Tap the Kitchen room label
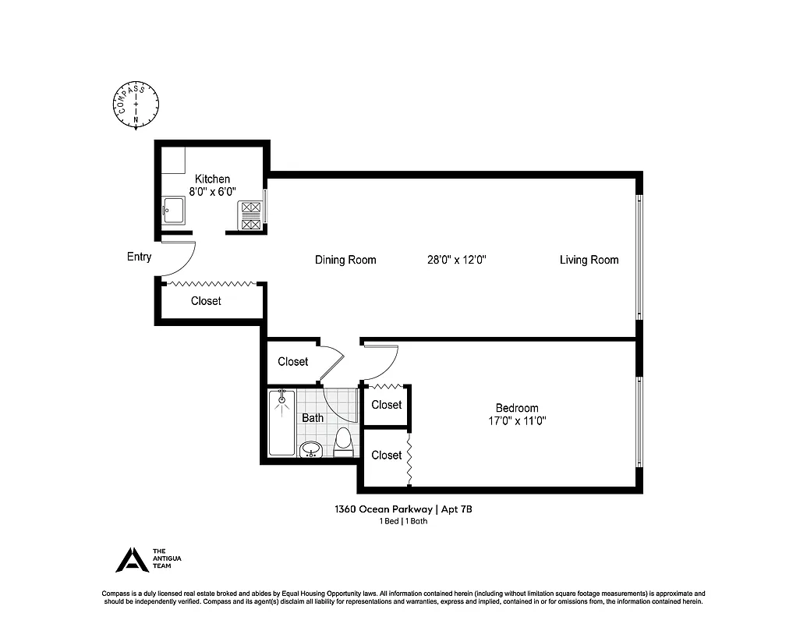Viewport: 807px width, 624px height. [x=212, y=179]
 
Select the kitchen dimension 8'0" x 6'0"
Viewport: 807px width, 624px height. [x=212, y=191]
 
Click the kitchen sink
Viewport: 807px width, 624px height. [x=173, y=210]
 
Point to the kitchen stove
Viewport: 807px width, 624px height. [x=251, y=215]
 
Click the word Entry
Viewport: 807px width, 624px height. [x=139, y=257]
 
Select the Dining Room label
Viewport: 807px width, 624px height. [x=345, y=260]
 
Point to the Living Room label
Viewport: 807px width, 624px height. [x=589, y=260]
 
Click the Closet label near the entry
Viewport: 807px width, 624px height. [x=206, y=301]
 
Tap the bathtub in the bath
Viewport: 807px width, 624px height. [x=281, y=424]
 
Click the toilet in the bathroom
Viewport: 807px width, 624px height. [x=343, y=441]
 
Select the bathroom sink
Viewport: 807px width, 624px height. [x=311, y=448]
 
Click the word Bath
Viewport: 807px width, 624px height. [x=313, y=418]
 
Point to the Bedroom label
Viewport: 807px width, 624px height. [x=517, y=408]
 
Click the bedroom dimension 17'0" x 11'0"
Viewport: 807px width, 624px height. [x=517, y=421]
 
